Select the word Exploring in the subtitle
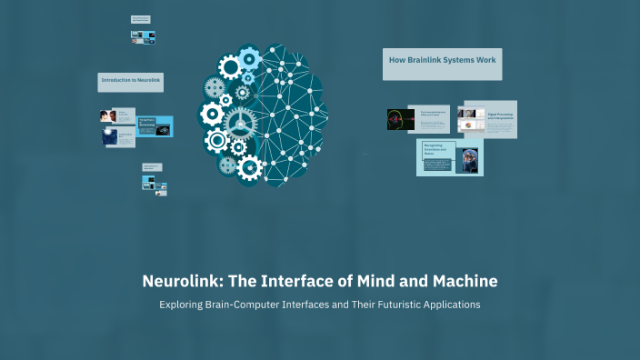(185, 305)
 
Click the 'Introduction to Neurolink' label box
(131, 82)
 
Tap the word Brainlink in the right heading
(428, 58)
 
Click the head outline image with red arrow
(400, 118)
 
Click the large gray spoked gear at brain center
(240, 121)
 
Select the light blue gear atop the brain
(247, 57)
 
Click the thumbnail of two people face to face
(106, 116)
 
